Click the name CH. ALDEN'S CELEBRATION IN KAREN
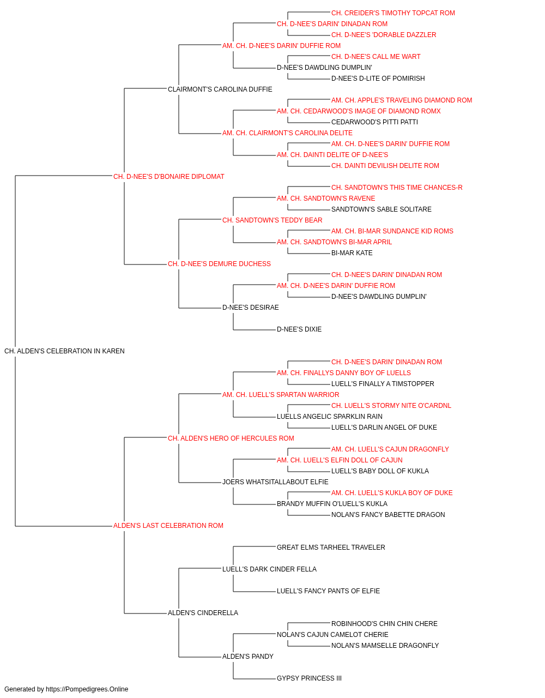[x=64, y=351]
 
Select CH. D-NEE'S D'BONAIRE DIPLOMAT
[x=169, y=177]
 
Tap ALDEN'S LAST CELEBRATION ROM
[x=168, y=526]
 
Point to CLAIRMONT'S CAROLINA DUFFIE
[x=220, y=89]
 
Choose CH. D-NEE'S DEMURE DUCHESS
[x=219, y=264]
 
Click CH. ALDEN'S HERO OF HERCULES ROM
[x=231, y=438]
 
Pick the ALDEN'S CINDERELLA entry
[x=203, y=612]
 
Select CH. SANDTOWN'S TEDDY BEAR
[x=272, y=220]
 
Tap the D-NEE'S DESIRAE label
[x=250, y=308]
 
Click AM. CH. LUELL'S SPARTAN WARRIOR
[x=281, y=394]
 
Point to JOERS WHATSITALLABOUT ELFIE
[x=275, y=482]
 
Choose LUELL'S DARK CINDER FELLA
[x=269, y=569]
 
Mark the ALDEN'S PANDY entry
[x=248, y=656]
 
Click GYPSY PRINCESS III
[x=309, y=678]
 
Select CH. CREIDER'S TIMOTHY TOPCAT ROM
[x=393, y=13]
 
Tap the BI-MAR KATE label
[x=352, y=253]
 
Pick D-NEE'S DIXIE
[x=299, y=329]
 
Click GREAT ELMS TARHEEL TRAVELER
[x=331, y=547]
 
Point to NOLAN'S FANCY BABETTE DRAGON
[x=388, y=515]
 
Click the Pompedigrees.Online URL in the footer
[x=87, y=689]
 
